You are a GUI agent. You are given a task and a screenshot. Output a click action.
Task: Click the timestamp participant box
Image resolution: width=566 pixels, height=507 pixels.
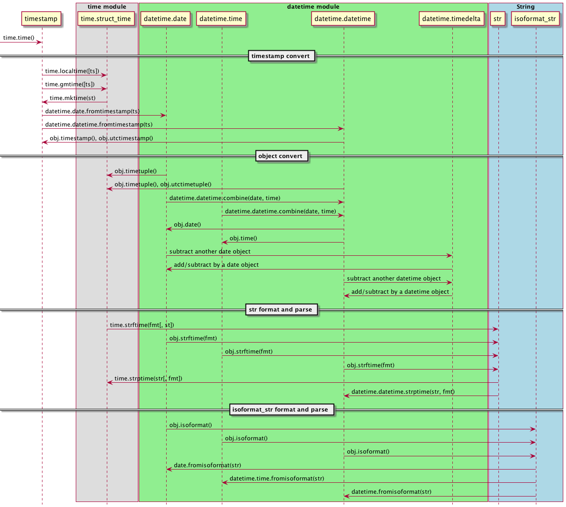tap(41, 19)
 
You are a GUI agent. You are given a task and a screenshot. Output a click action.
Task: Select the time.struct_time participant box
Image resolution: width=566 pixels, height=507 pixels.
tap(106, 19)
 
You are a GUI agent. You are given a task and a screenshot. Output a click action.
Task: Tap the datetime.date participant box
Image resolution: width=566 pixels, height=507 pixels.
tap(165, 19)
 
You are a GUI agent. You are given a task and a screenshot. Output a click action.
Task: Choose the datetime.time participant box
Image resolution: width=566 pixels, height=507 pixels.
tap(221, 19)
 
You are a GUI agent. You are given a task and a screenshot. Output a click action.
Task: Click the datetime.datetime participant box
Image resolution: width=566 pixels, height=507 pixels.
tap(343, 19)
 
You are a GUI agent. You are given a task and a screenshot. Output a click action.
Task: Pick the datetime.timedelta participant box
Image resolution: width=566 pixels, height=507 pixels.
tap(451, 19)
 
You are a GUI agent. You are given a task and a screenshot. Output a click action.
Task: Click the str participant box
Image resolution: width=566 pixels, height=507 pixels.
tap(498, 19)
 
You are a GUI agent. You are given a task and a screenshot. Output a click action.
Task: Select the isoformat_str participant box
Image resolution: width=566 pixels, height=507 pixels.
tap(535, 19)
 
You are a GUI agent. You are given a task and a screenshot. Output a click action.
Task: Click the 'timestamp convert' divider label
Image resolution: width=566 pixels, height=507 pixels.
tap(281, 56)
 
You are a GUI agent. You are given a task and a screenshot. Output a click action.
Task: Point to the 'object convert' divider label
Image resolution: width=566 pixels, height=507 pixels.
tap(280, 156)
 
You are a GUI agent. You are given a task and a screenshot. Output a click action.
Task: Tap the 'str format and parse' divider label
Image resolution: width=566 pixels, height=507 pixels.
tap(281, 310)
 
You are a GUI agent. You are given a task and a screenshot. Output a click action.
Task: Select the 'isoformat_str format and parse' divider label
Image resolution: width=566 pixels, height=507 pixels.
tap(280, 410)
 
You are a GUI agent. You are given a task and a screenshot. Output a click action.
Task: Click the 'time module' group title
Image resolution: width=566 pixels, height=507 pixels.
tap(107, 7)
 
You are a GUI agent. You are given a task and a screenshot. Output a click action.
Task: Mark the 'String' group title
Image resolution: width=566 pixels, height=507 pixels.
tap(525, 7)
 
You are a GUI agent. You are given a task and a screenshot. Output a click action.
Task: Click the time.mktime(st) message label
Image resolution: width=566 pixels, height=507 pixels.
tap(73, 98)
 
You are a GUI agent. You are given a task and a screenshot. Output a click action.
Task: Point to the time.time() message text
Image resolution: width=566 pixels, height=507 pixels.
tap(19, 37)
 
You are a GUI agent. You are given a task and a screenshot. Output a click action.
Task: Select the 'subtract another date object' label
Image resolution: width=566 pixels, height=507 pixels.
tap(210, 252)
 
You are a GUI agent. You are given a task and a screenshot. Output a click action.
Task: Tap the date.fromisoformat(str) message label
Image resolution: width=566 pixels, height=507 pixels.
tap(208, 465)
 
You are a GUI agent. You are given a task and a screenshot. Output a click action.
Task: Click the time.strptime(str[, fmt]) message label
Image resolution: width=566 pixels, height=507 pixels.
tap(148, 379)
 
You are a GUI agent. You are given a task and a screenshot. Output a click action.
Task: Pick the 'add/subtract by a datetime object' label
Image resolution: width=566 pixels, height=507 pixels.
tap(400, 292)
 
